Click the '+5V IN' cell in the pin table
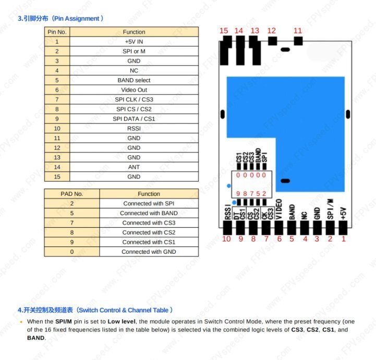(x=134, y=42)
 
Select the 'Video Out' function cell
(x=134, y=90)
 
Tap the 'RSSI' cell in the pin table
(x=134, y=128)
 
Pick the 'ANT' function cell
(x=134, y=167)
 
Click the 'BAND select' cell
(x=134, y=80)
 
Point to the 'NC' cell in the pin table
(x=134, y=70)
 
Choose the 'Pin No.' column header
(x=57, y=32)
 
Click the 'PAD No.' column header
(x=72, y=194)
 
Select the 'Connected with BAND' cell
(x=149, y=213)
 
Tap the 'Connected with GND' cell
(x=149, y=252)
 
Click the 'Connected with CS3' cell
(x=149, y=222)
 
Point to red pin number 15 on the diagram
(x=224, y=31)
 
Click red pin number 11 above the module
(x=298, y=31)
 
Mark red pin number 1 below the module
(x=344, y=239)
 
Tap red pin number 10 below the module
(x=226, y=239)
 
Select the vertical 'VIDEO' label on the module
(x=279, y=209)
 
